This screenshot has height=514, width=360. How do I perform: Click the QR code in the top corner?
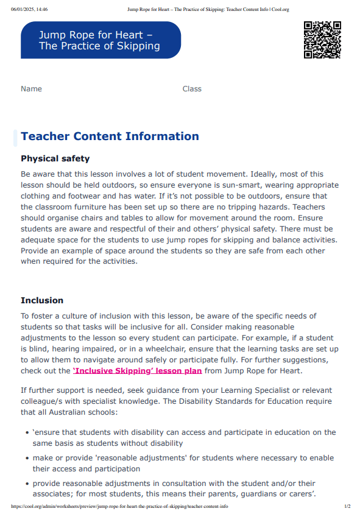(322, 40)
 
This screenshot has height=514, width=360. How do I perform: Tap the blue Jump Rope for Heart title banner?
(101, 41)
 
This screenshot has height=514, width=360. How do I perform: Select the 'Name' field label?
(31, 89)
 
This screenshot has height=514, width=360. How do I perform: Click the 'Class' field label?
(192, 89)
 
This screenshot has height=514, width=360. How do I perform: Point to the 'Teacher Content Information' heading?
(110, 136)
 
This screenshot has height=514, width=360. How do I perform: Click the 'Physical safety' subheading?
(55, 158)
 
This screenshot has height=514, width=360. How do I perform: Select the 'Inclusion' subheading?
(42, 300)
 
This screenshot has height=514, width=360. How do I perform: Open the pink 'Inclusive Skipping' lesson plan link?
(137, 370)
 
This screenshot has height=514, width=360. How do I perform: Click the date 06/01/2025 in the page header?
(21, 10)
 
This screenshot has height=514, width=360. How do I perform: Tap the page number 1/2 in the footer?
(347, 506)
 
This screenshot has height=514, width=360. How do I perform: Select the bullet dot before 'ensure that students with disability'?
(27, 432)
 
